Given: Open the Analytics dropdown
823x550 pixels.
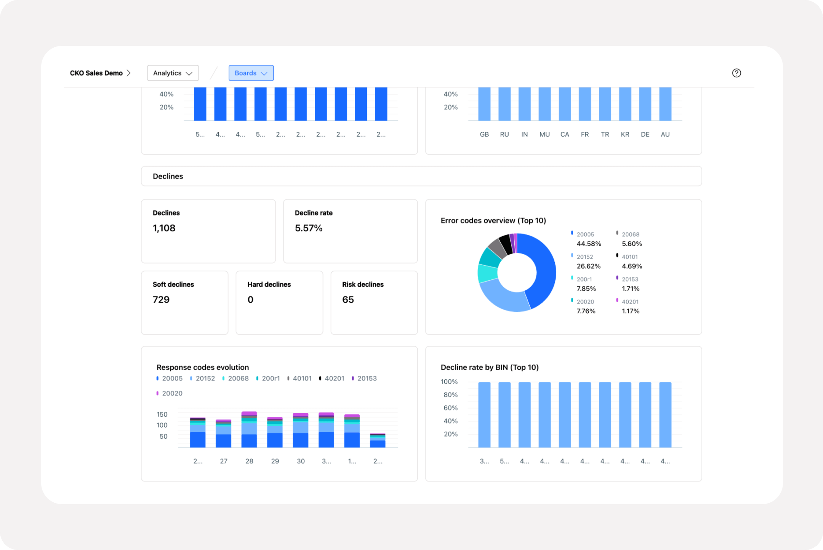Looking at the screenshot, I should (x=173, y=73).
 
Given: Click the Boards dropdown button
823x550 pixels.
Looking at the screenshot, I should (x=251, y=73).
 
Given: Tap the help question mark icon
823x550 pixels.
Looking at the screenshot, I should (x=736, y=73).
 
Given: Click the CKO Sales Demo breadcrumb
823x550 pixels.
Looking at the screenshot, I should (x=96, y=73).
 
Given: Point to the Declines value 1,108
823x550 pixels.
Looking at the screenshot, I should (x=164, y=228).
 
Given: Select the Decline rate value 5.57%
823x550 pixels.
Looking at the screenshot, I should (x=309, y=228).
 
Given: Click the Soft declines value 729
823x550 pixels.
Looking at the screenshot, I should (x=161, y=300).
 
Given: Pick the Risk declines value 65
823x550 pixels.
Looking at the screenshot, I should (x=348, y=300).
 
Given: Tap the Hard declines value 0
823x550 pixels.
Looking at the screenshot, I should (x=250, y=300).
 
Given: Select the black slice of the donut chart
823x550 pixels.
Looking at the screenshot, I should (x=506, y=244).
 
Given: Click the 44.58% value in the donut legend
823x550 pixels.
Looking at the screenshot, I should (x=589, y=244).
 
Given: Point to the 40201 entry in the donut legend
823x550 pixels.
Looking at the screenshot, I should (x=630, y=301).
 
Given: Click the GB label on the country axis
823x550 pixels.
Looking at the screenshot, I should (x=484, y=134).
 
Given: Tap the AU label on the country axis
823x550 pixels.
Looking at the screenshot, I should (x=665, y=134).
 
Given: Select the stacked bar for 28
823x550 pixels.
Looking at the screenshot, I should (x=249, y=430).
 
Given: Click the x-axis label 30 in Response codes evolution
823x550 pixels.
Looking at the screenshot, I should (x=301, y=461).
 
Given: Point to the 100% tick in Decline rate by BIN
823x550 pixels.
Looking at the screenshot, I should (x=449, y=382).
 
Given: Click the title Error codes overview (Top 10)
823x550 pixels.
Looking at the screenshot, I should (x=493, y=221).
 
